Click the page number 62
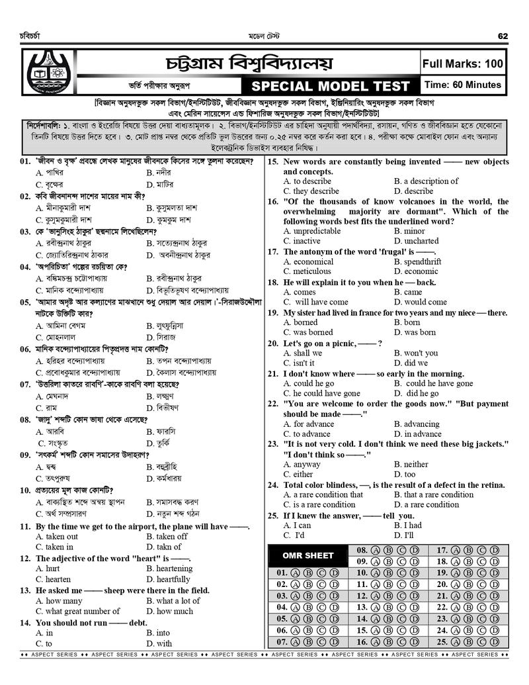coord(503,35)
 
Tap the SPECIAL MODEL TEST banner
coord(332,87)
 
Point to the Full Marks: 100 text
coord(463,64)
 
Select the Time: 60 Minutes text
coord(463,85)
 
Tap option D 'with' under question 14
coord(159,643)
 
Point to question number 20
coord(273,343)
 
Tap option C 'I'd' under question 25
coord(294,535)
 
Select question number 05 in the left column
coord(26,301)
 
